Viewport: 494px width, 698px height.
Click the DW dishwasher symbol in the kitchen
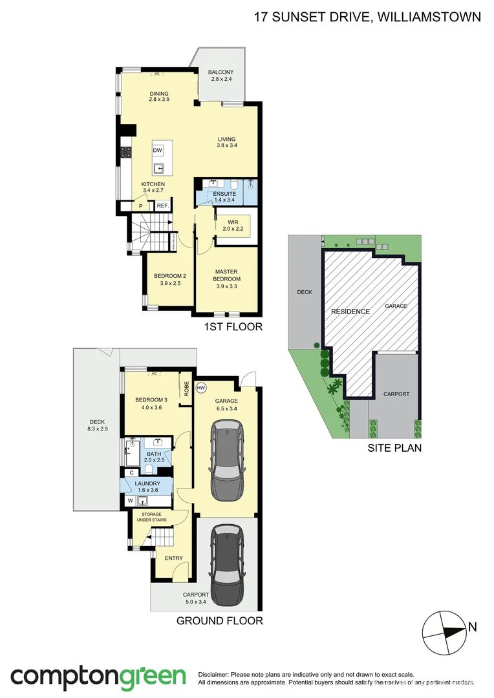click(158, 151)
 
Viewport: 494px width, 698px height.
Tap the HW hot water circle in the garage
click(201, 388)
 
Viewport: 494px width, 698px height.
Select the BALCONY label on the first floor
click(221, 72)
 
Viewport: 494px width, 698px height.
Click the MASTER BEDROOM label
click(227, 271)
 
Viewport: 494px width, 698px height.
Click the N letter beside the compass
click(473, 626)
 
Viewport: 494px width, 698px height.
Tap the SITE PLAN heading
click(394, 447)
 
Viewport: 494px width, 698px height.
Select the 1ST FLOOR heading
click(233, 327)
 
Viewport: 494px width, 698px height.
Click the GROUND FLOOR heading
click(220, 621)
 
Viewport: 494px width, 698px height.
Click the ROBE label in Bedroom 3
click(186, 388)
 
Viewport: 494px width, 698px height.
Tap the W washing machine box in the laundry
click(130, 500)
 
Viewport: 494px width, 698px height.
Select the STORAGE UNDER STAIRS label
click(150, 516)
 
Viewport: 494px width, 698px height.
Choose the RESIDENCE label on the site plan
click(350, 312)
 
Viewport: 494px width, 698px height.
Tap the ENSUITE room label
click(224, 194)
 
